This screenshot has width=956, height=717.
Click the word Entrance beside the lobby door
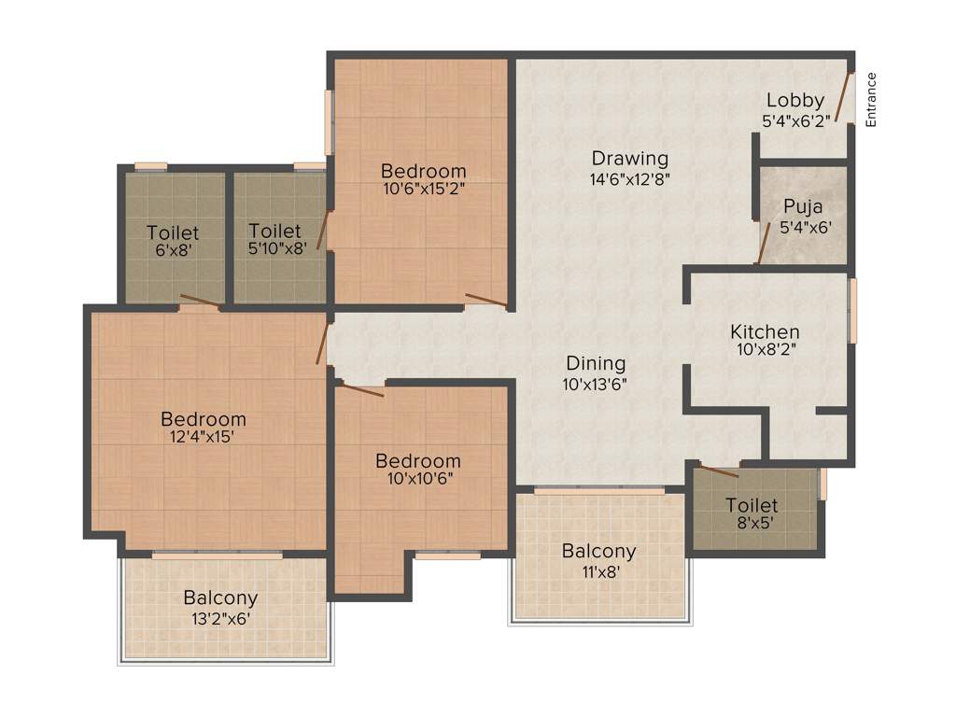pos(871,99)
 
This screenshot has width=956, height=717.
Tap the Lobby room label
pos(795,101)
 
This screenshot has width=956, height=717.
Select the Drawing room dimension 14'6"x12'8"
pos(630,177)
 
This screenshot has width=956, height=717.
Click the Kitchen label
pos(765,332)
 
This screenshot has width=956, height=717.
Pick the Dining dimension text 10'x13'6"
pos(594,384)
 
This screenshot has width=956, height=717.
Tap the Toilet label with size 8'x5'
pos(752,505)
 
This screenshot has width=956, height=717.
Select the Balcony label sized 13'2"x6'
pos(220,597)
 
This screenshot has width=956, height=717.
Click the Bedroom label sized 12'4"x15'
pos(203,419)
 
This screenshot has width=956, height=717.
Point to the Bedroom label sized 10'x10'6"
pos(417,461)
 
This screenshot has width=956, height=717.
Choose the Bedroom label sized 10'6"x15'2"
pos(423,172)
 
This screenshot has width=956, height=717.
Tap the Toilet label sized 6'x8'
pos(172,232)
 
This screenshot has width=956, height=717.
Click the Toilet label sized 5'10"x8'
pos(275,231)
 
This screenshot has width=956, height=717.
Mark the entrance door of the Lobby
pos(845,97)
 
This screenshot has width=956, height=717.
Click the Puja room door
pos(764,245)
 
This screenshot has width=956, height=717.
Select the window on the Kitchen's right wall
pos(851,310)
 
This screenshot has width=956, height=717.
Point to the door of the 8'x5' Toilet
pos(719,471)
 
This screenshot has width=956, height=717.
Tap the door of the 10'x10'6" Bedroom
pos(362,390)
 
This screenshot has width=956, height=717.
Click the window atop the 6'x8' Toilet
pos(150,167)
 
